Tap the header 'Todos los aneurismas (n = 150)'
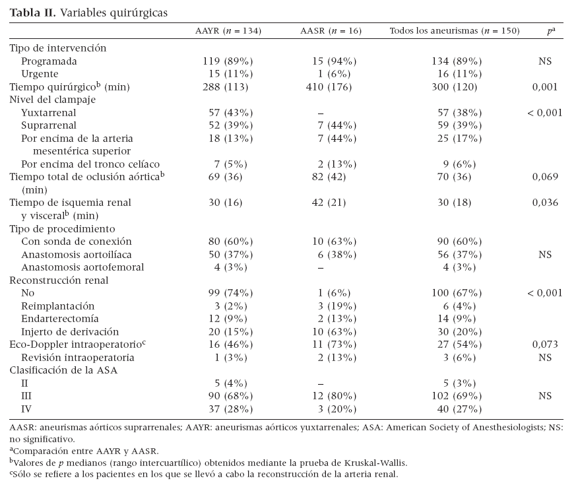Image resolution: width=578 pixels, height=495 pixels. tap(455, 30)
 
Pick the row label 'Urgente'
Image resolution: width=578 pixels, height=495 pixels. tap(40, 73)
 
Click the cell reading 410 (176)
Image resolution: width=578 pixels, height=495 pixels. tap(335, 86)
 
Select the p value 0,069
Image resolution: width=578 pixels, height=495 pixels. tap(544, 177)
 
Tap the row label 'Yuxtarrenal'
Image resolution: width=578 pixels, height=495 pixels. tap(48, 112)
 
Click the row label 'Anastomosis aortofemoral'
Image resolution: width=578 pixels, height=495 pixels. tap(82, 267)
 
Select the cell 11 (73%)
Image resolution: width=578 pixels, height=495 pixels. tap(335, 344)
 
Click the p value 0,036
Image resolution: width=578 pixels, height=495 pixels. tap(544, 203)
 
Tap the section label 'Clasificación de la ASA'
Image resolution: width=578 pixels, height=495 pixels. tap(63, 370)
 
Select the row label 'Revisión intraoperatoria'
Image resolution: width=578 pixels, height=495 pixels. tap(78, 357)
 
